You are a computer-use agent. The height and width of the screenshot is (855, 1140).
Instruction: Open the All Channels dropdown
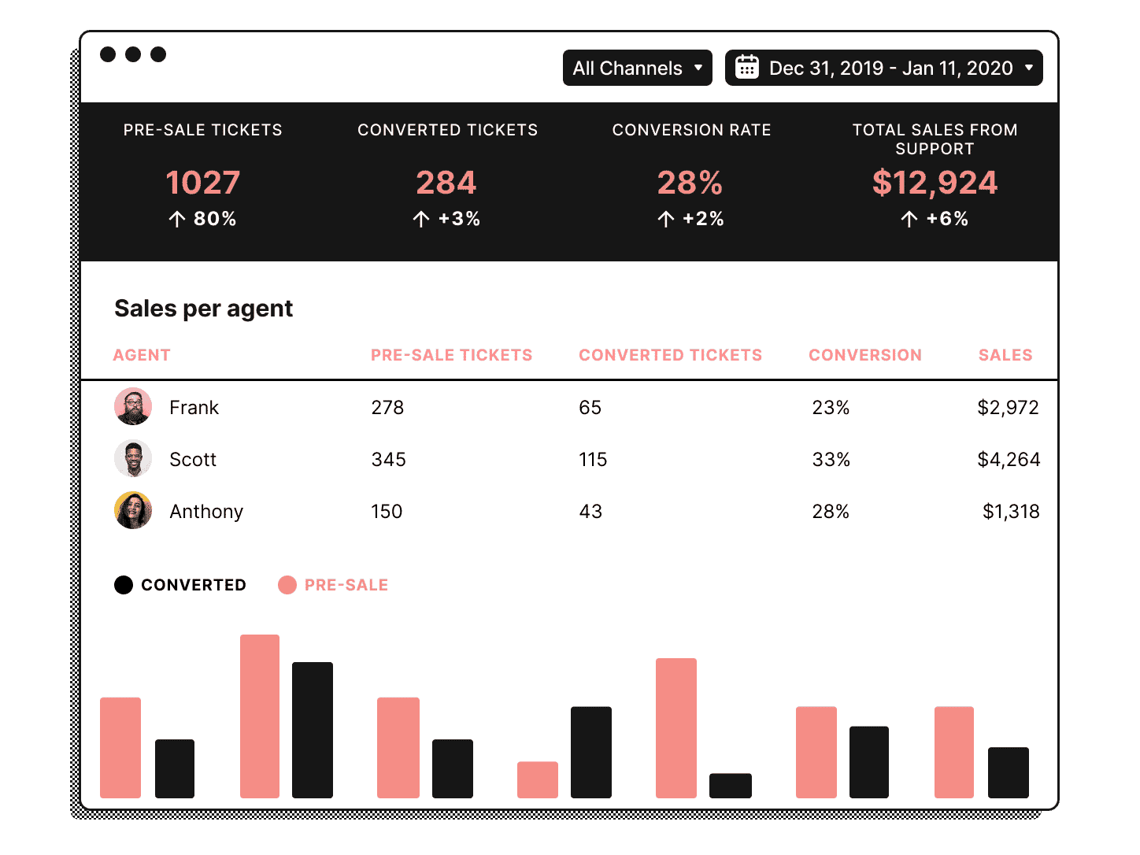pyautogui.click(x=637, y=68)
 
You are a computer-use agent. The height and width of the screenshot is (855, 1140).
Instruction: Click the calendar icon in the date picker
pyautogui.click(x=746, y=68)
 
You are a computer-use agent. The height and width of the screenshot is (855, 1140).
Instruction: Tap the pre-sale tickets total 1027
pyautogui.click(x=202, y=183)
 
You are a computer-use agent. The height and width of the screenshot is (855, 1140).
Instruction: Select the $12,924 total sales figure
pyautogui.click(x=935, y=183)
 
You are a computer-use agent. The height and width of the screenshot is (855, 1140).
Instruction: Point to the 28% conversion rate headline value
pyautogui.click(x=690, y=183)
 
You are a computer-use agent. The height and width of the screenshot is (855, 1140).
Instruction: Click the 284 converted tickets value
pyautogui.click(x=446, y=183)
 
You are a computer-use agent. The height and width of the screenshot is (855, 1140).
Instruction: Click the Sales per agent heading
pyautogui.click(x=203, y=309)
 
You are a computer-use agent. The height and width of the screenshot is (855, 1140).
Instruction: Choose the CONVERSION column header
pyautogui.click(x=864, y=355)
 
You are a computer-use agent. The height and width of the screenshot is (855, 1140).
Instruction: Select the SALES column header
pyautogui.click(x=1005, y=355)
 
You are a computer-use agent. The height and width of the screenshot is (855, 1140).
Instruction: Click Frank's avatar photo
pyautogui.click(x=133, y=406)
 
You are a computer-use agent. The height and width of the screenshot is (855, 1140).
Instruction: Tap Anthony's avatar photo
pyautogui.click(x=133, y=511)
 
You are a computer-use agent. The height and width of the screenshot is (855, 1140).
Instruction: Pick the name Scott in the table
pyautogui.click(x=193, y=460)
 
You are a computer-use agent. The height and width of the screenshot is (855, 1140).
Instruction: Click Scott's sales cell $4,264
pyautogui.click(x=1009, y=460)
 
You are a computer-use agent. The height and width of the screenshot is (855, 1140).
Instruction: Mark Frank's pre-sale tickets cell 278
pyautogui.click(x=387, y=408)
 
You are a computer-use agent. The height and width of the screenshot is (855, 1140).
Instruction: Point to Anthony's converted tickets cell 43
pyautogui.click(x=590, y=512)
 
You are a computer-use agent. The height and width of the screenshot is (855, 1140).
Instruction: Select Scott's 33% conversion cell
pyautogui.click(x=831, y=460)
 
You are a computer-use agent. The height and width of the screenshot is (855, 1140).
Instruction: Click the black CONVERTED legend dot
pyautogui.click(x=124, y=585)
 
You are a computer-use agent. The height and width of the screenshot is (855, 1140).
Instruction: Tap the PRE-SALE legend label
pyautogui.click(x=346, y=585)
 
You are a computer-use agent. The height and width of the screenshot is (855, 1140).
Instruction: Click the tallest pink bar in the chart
pyautogui.click(x=260, y=716)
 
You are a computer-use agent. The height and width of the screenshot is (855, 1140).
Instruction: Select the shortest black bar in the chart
pyautogui.click(x=730, y=786)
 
